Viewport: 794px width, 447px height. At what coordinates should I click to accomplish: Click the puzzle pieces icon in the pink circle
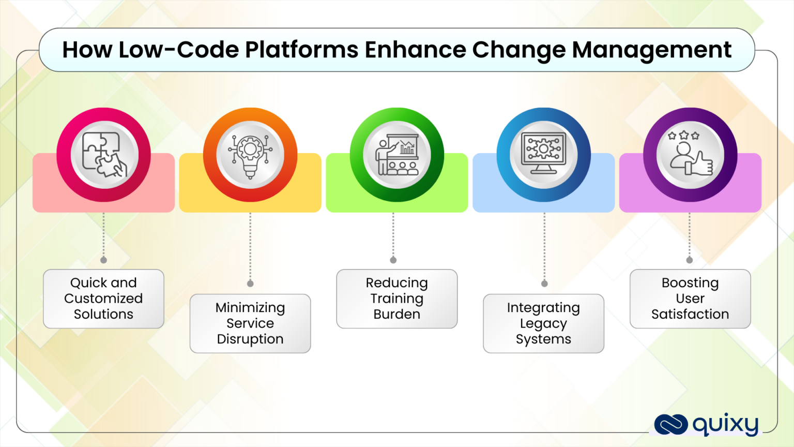104,154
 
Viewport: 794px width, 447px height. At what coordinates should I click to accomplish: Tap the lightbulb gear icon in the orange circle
250,154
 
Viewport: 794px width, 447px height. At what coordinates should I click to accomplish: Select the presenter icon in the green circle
397,154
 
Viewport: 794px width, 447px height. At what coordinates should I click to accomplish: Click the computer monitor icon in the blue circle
543,153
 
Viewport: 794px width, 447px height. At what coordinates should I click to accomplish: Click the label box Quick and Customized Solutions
103,299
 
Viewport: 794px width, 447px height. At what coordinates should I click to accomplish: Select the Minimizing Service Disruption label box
250,323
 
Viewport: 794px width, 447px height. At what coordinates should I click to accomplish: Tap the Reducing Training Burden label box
397,299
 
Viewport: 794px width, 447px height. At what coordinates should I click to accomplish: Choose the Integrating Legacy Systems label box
543,323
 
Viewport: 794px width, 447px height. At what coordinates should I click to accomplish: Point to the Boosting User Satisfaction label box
690,299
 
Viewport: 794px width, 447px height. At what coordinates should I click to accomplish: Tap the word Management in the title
651,50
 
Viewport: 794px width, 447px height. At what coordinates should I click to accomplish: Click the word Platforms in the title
301,50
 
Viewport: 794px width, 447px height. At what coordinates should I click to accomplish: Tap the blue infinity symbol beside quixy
670,425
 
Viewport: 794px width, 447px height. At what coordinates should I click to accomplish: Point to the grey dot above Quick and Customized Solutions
103,260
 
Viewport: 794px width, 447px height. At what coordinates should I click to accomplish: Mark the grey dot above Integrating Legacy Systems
544,284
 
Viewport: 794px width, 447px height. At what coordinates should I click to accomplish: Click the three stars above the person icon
683,136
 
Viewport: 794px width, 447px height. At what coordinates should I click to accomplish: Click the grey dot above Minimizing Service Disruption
250,284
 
